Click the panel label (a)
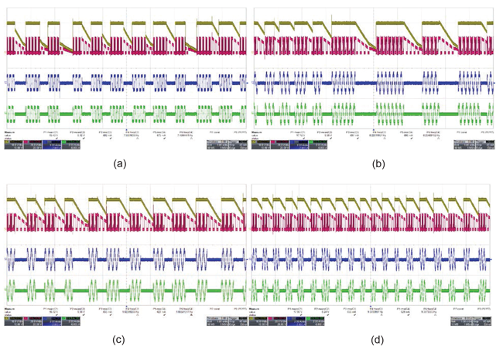click(120, 164)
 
